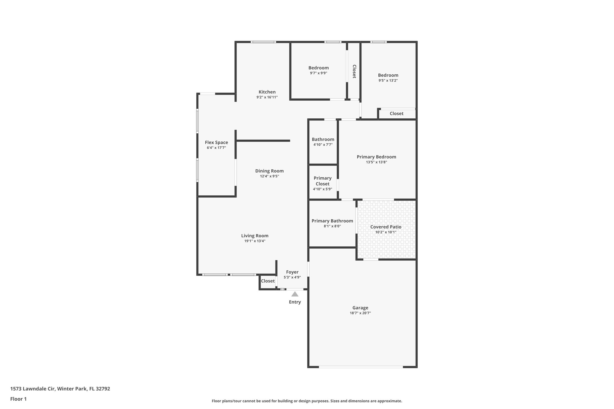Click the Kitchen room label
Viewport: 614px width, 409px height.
pyautogui.click(x=267, y=92)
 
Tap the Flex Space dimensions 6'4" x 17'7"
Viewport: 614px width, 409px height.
pyautogui.click(x=216, y=148)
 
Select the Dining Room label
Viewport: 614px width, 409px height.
pyautogui.click(x=269, y=171)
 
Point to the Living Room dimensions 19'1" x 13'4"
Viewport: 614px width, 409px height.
pyautogui.click(x=255, y=241)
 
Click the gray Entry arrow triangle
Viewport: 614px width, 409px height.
pyautogui.click(x=295, y=294)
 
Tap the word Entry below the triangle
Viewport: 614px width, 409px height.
pyautogui.click(x=295, y=302)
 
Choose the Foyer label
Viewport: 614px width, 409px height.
pyautogui.click(x=292, y=272)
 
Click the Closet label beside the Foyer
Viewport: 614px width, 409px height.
pyautogui.click(x=268, y=281)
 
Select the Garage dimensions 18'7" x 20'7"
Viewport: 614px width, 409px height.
pyautogui.click(x=360, y=313)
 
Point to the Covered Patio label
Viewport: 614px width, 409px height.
pyautogui.click(x=386, y=227)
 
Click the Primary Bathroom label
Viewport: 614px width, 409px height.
pyautogui.click(x=332, y=221)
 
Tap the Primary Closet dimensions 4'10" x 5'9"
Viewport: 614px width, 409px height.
pyautogui.click(x=322, y=189)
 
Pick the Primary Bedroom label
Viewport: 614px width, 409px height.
pyautogui.click(x=376, y=157)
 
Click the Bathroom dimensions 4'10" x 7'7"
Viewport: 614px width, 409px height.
pyautogui.click(x=323, y=145)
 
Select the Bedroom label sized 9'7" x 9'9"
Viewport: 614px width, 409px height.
pyautogui.click(x=318, y=68)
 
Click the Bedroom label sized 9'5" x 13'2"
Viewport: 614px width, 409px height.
pyautogui.click(x=388, y=75)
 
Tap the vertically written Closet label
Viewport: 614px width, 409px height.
pyautogui.click(x=354, y=71)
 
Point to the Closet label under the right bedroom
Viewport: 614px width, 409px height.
pyautogui.click(x=396, y=114)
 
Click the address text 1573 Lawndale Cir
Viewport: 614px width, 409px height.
pyautogui.click(x=33, y=389)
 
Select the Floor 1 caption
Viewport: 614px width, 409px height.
pyautogui.click(x=18, y=399)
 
